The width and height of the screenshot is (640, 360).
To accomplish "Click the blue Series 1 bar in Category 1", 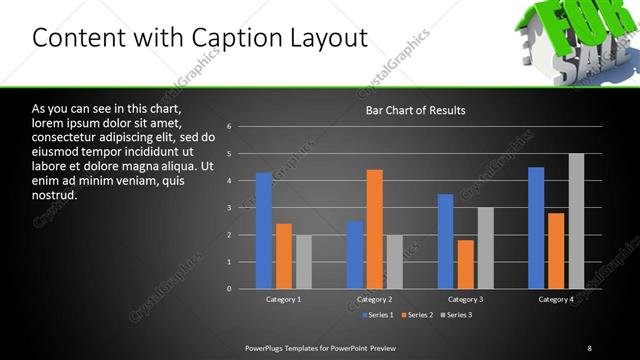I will point(264,231).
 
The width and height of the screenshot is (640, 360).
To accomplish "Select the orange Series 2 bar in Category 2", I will point(375,229).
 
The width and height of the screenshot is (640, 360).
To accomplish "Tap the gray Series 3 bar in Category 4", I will point(576,221).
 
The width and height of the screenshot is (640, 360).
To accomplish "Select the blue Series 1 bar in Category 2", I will point(355,255).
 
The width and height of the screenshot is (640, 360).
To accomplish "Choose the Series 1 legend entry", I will point(375,315).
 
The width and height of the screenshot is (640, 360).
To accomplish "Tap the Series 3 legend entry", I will point(455,315).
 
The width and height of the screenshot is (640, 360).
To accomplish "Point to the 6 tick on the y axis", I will point(229,127).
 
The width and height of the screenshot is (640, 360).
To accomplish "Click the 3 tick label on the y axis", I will point(229,208).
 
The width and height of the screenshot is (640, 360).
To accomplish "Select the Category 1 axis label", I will point(284,299).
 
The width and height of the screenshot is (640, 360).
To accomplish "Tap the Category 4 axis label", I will point(556,299).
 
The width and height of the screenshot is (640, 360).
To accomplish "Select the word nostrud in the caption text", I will point(55,194).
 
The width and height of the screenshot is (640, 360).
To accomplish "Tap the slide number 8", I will point(590,348).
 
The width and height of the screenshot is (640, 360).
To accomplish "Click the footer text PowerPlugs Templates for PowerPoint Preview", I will point(320,348).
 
